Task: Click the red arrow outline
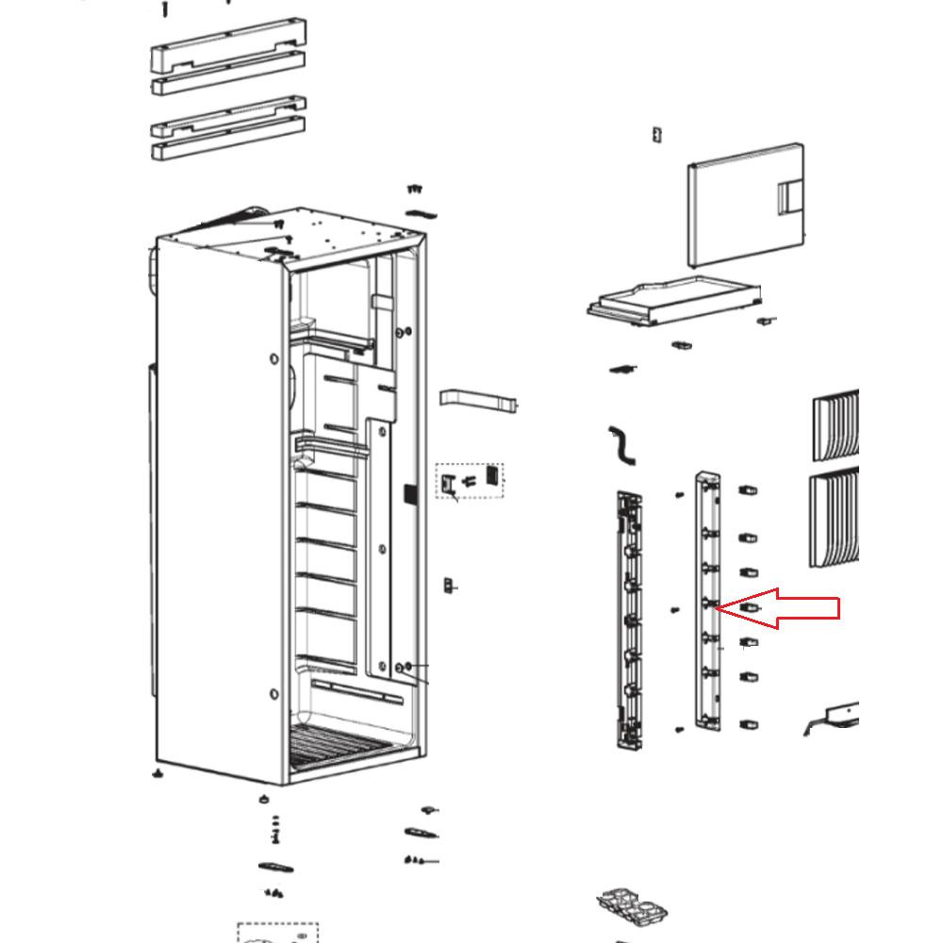[787, 608]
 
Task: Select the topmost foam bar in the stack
[228, 43]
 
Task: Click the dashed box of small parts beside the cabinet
[469, 481]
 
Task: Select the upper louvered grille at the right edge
[836, 424]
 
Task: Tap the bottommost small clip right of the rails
[749, 725]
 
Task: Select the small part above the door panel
[656, 135]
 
